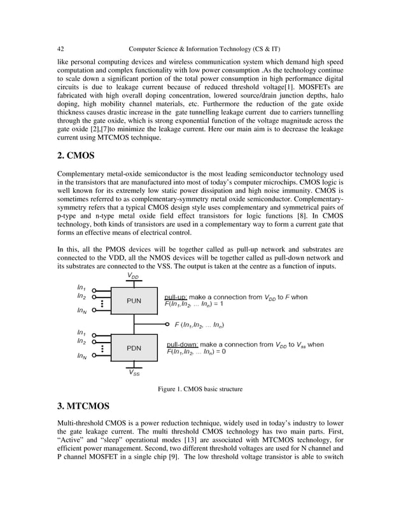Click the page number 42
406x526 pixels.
60,48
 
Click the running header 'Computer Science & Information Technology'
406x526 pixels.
203,48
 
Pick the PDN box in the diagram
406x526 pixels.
134,348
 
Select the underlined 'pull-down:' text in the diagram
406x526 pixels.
180,345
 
